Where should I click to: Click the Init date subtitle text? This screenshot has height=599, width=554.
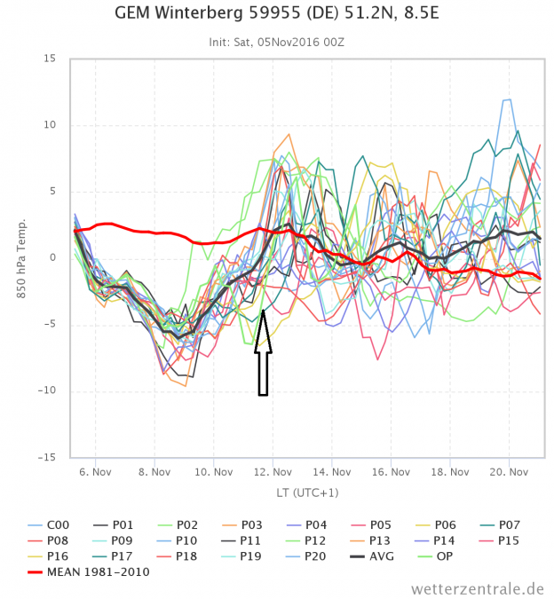pyautogui.click(x=277, y=41)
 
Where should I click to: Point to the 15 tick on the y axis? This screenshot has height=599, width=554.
pyautogui.click(x=49, y=59)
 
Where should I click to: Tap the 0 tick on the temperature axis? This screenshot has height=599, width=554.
pyautogui.click(x=52, y=258)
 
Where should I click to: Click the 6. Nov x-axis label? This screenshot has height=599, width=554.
pyautogui.click(x=94, y=472)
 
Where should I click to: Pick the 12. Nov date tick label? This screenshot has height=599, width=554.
pyautogui.click(x=271, y=472)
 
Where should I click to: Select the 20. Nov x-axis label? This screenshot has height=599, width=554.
pyautogui.click(x=506, y=472)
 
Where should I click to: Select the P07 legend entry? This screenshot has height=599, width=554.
pyautogui.click(x=501, y=525)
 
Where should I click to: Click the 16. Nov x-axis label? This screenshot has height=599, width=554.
pyautogui.click(x=389, y=472)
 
